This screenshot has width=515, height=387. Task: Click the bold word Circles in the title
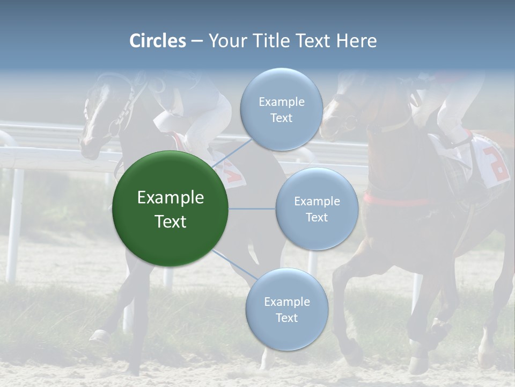(x=157, y=41)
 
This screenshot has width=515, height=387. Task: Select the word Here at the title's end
(x=356, y=41)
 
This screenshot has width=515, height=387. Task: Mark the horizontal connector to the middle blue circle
(x=252, y=209)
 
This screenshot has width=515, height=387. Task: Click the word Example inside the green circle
(x=170, y=198)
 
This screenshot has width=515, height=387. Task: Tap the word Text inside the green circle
(x=170, y=221)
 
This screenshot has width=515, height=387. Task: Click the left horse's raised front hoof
(x=99, y=336)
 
